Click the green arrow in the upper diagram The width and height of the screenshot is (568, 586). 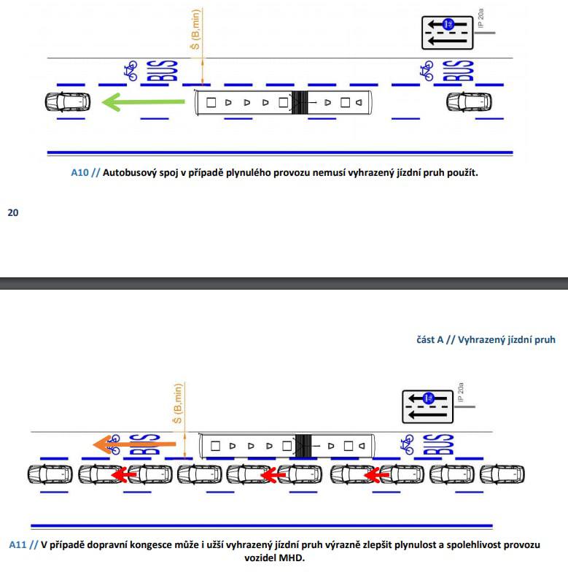point(141,102)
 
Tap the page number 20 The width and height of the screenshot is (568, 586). point(12,213)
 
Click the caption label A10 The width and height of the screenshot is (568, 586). point(79,174)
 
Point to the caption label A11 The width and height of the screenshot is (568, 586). point(18,544)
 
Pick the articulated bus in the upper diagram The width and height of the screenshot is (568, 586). point(284,103)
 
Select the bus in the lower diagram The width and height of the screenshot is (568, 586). point(287,444)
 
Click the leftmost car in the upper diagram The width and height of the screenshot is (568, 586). point(66,102)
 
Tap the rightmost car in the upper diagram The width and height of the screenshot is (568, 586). point(469,102)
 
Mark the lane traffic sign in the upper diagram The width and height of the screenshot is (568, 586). point(447,33)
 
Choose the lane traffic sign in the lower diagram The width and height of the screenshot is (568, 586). point(428,406)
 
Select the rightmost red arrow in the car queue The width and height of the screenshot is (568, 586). point(375,475)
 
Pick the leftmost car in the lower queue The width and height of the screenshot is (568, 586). point(50,475)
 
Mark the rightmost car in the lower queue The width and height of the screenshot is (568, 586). point(502,475)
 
